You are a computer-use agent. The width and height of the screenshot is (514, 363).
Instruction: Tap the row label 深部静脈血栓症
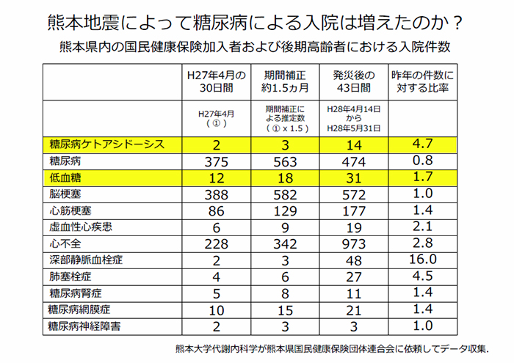point(84,260)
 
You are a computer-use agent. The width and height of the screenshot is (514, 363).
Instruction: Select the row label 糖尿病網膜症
point(79,309)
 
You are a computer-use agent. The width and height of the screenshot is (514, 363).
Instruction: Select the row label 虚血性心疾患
point(79,227)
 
